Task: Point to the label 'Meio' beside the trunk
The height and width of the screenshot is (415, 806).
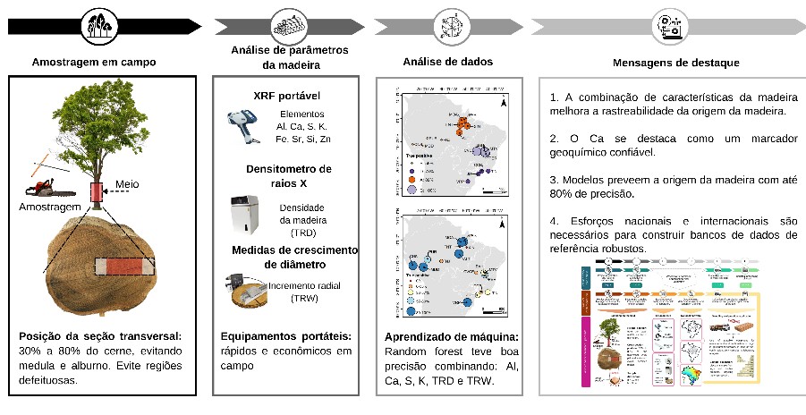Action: click(x=127, y=185)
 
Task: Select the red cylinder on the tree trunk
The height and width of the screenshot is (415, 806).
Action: click(x=97, y=192)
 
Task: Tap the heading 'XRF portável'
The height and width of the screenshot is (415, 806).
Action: click(x=287, y=96)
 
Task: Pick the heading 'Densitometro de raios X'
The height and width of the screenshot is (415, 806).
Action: click(x=287, y=175)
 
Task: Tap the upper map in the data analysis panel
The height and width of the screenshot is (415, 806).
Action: click(x=450, y=142)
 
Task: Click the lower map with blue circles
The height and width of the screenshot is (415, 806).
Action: click(x=450, y=263)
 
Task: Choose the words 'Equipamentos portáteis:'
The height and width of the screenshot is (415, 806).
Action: click(x=284, y=336)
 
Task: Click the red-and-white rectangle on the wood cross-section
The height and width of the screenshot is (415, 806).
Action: click(x=123, y=267)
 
